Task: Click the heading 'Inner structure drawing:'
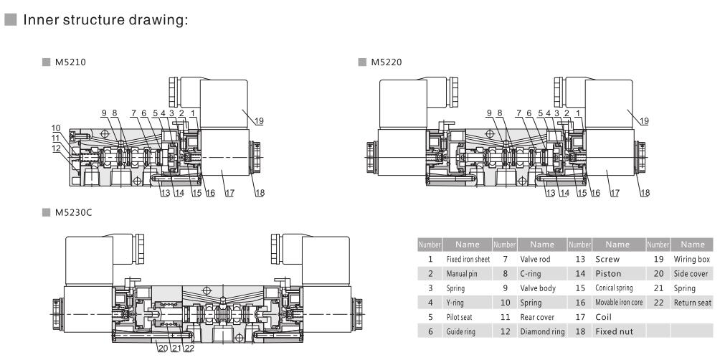[x=105, y=19]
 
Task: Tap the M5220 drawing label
[x=386, y=62]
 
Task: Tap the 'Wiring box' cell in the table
[x=692, y=258]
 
